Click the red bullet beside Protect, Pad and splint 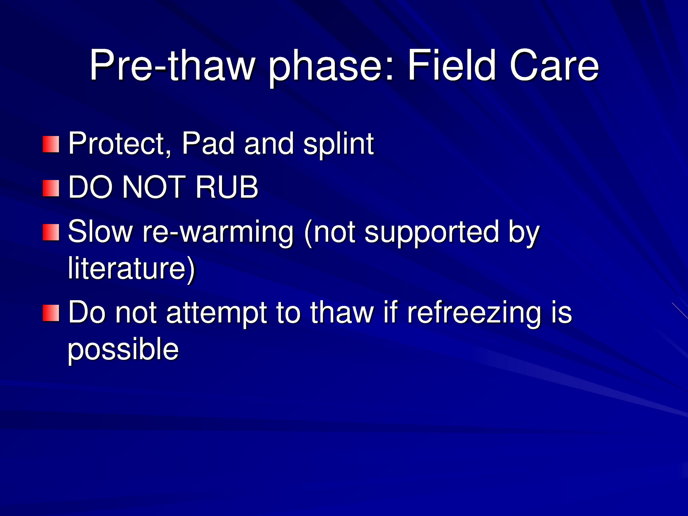51,144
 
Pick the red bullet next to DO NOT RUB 51,188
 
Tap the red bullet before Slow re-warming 51,232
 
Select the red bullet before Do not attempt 51,313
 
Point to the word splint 339,145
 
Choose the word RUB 227,187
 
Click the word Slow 100,231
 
